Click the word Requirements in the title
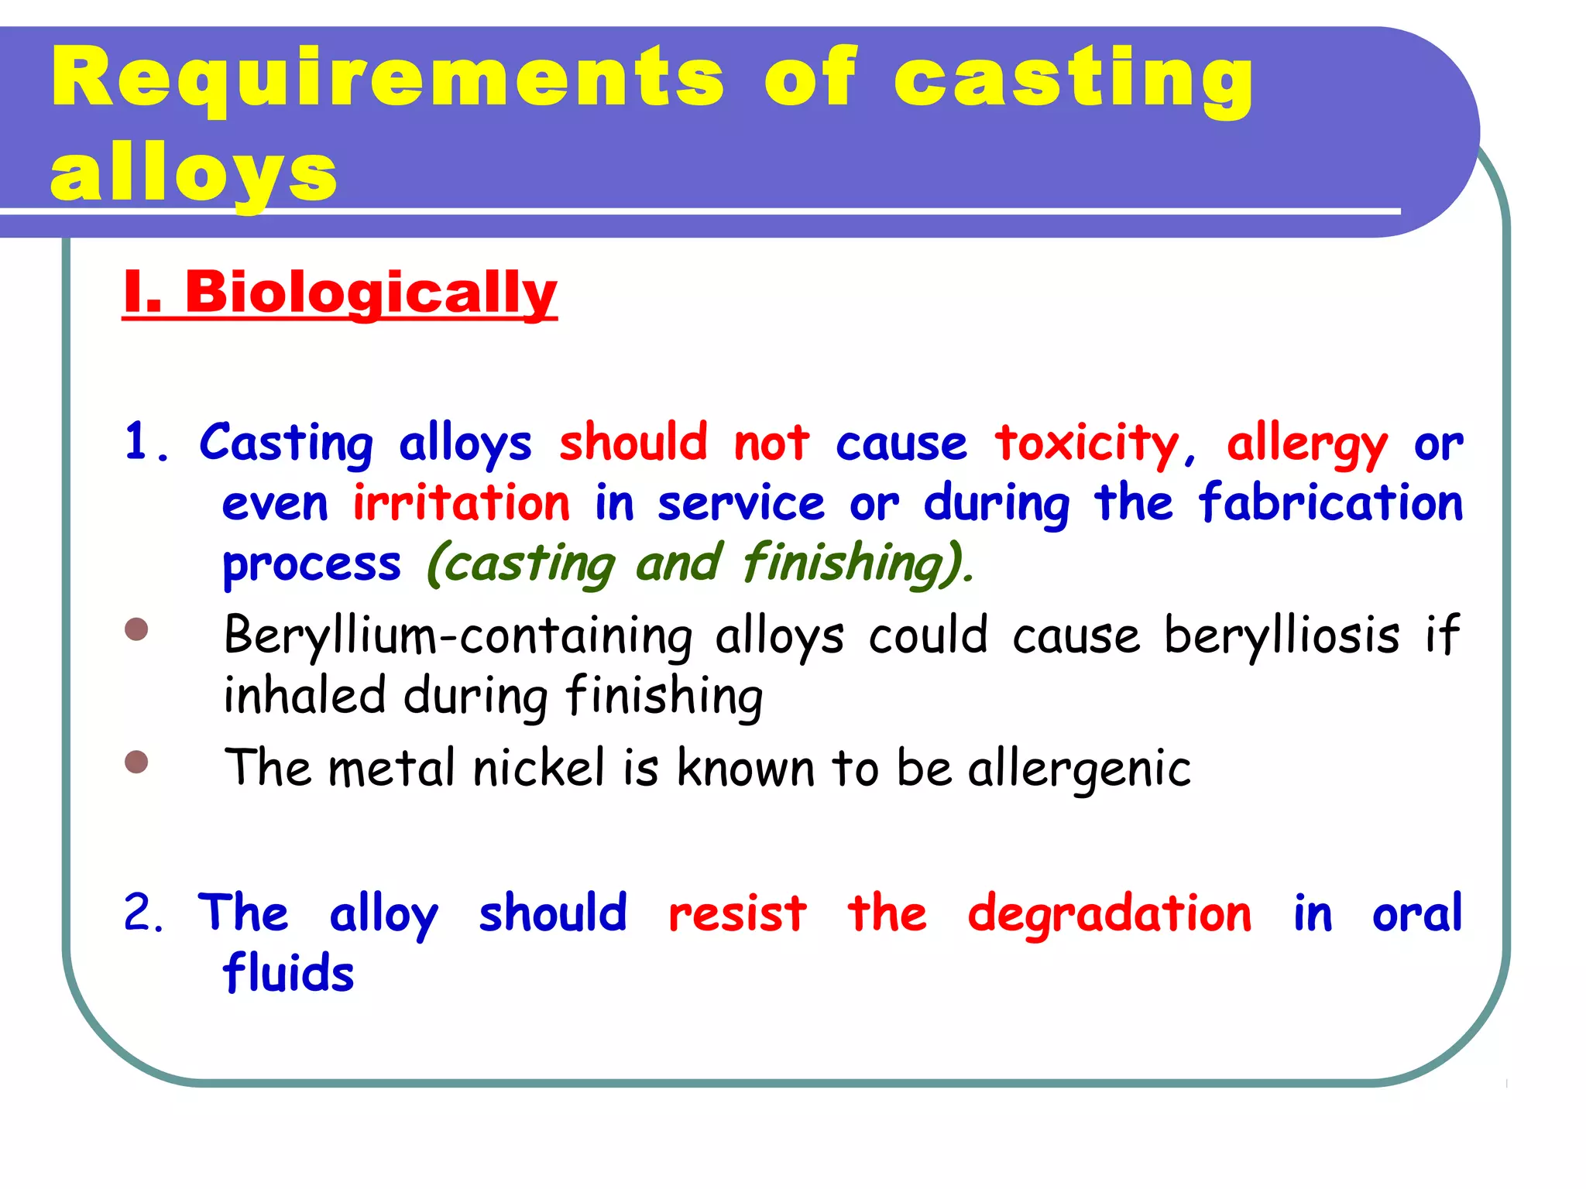pos(387,77)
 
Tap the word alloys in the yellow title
pos(194,174)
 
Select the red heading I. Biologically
pos(340,292)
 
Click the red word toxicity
pos(1087,443)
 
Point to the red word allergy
pos(1306,444)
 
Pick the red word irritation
pos(462,503)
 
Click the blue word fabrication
pos(1330,503)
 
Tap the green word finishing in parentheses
pos(850,563)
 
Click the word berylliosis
pos(1282,635)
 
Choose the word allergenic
pos(1079,769)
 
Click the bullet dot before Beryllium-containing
pos(136,629)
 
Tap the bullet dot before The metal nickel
pos(136,762)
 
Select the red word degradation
pos(1109,913)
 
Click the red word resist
pos(737,913)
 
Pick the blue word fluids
pos(288,973)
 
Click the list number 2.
pos(142,913)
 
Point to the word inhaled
pos(304,695)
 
